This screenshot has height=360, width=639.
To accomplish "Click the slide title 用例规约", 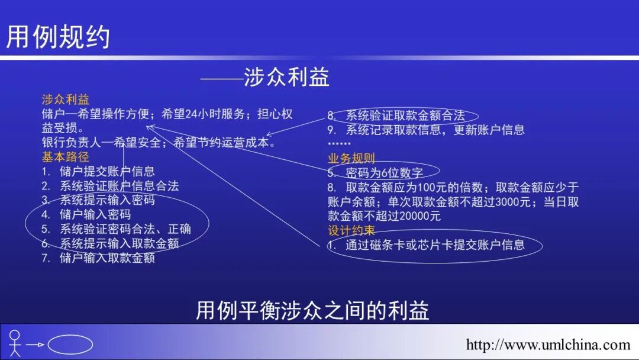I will pyautogui.click(x=58, y=37).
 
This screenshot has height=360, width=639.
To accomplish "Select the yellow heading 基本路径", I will pyautogui.click(x=65, y=157).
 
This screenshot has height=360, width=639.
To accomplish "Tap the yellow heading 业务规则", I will pyautogui.click(x=351, y=158).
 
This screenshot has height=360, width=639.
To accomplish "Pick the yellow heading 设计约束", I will pyautogui.click(x=351, y=230).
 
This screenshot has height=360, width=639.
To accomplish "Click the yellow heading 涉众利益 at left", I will pyautogui.click(x=65, y=99).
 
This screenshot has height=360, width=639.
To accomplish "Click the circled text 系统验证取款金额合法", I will pyautogui.click(x=405, y=115).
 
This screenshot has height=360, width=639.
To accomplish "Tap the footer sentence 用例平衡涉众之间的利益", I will pyautogui.click(x=312, y=310).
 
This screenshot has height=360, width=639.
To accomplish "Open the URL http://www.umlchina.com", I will pyautogui.click(x=548, y=345).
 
